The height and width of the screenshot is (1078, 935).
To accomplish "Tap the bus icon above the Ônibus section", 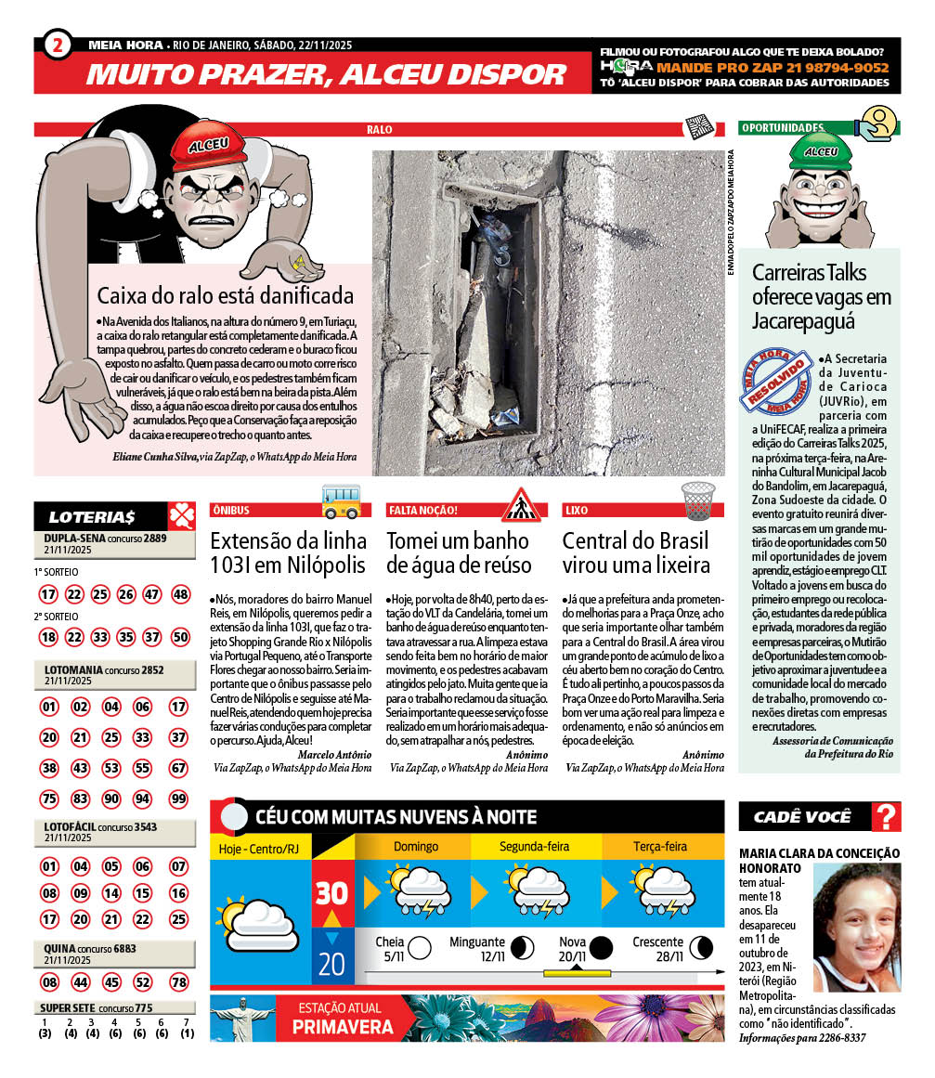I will [x=341, y=501].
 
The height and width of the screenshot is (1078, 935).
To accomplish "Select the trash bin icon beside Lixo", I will [x=699, y=500].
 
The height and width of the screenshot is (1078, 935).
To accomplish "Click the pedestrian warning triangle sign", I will [x=521, y=503].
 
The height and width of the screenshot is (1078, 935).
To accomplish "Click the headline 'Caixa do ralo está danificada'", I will [x=226, y=295].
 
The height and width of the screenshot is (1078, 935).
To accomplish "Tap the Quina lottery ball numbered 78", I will [x=179, y=981].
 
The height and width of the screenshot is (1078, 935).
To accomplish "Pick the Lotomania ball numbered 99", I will [x=179, y=799].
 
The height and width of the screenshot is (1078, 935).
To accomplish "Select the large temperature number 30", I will [x=331, y=893].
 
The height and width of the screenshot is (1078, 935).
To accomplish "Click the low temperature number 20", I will [x=331, y=964].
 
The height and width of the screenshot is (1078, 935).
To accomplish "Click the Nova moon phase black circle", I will [x=602, y=948].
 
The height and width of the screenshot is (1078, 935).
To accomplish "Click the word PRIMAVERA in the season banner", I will [x=343, y=1027].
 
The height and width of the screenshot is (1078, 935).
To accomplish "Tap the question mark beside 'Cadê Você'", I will [x=888, y=817].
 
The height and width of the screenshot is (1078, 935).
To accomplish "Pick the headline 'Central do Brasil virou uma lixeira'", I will [x=635, y=552].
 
